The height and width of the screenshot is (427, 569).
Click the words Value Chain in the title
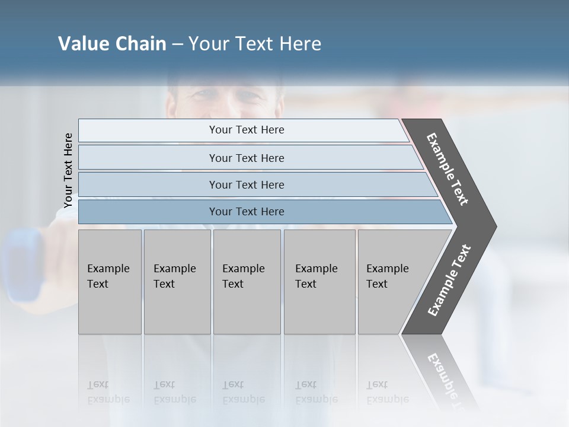(x=112, y=44)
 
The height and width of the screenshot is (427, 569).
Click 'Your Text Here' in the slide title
(x=255, y=44)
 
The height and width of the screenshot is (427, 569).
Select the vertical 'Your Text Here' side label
(x=68, y=170)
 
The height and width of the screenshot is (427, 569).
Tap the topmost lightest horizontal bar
(x=243, y=130)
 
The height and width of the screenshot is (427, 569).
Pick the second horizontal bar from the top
(x=249, y=158)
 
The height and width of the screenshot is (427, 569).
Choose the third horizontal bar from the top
(x=255, y=184)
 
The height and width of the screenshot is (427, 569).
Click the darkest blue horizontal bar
(x=261, y=212)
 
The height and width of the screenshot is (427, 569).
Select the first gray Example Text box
(x=110, y=282)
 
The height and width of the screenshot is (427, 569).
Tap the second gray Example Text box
(x=177, y=282)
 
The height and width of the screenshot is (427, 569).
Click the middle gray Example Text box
(x=247, y=282)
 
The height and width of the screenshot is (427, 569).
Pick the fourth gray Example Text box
(x=319, y=282)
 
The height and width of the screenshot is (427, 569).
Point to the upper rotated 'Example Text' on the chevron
(x=447, y=169)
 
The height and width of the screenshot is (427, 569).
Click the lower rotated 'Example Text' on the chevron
(x=449, y=280)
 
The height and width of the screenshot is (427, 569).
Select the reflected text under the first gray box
(x=108, y=392)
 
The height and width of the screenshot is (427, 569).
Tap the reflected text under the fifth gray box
(x=387, y=392)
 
